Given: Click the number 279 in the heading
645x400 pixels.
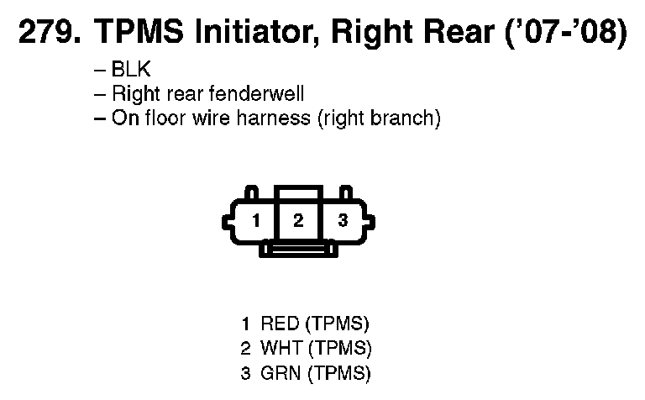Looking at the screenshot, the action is (x=46, y=34).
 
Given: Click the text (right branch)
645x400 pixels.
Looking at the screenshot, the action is (x=378, y=118).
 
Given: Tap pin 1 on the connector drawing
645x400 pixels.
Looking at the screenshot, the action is (x=256, y=222).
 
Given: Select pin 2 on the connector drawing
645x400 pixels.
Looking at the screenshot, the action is (x=297, y=221).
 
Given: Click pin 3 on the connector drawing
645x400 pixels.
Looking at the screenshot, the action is (x=342, y=222).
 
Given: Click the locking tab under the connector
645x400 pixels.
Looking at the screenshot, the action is (x=298, y=249).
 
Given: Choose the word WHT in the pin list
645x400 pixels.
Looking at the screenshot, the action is (x=281, y=347).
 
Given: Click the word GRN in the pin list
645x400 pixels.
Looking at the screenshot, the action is (x=280, y=371).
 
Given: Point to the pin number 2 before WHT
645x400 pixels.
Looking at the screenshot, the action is (x=245, y=347).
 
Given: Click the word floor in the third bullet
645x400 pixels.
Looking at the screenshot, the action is (x=162, y=118).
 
